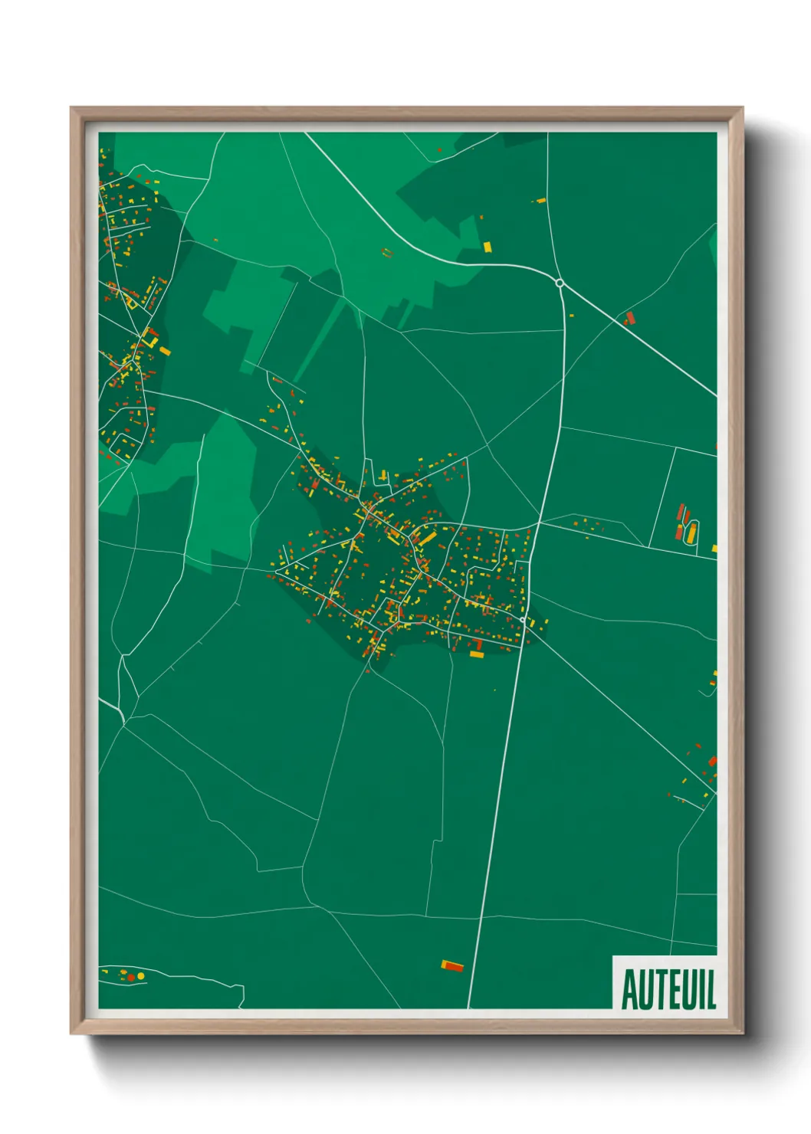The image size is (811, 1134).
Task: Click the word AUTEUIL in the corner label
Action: point(668,989)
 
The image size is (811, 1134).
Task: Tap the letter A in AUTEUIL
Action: point(629,990)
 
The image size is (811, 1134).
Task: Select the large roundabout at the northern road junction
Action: point(560,283)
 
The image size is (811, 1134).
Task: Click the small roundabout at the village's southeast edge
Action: point(523,619)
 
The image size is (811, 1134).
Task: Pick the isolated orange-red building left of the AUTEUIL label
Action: point(453,965)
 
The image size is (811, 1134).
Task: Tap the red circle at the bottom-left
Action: point(130,977)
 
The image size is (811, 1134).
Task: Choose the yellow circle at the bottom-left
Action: point(140,975)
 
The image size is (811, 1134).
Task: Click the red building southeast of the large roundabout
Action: point(630,317)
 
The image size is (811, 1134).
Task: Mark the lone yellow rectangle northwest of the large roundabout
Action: point(487,247)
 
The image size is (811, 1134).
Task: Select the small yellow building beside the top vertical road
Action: point(541,201)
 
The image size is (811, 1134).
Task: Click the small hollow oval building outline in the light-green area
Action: point(387,251)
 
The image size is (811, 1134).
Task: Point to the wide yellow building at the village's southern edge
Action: point(477,654)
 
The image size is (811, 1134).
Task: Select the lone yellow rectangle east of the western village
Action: point(165,352)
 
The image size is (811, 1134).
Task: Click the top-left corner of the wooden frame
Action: point(71,108)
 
